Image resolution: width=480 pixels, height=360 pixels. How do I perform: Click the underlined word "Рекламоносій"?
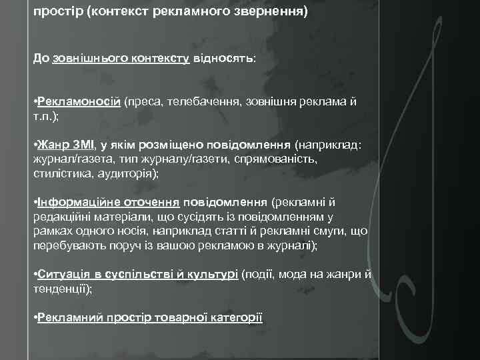pos(79,101)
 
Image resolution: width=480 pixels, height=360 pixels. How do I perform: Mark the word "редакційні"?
pos(62,216)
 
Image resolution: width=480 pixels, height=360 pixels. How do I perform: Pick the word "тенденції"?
pos(61,289)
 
